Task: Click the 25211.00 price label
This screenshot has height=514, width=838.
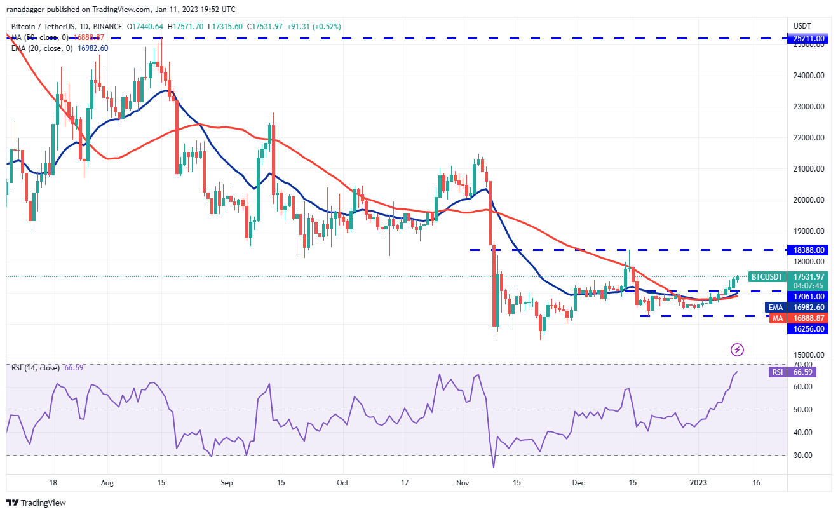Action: pyautogui.click(x=809, y=39)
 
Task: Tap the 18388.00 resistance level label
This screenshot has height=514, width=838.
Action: pyautogui.click(x=809, y=250)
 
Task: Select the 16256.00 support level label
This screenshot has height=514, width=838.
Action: pyautogui.click(x=809, y=328)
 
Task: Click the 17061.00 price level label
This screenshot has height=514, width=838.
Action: pyautogui.click(x=809, y=297)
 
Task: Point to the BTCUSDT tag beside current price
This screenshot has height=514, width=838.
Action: pyautogui.click(x=767, y=276)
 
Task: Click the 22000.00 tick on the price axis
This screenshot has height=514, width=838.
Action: pyautogui.click(x=809, y=138)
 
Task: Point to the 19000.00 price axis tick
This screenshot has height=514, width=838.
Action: pyautogui.click(x=809, y=231)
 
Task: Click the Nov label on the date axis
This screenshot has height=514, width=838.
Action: pyautogui.click(x=463, y=482)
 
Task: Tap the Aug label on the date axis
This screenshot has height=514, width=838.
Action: pyautogui.click(x=107, y=482)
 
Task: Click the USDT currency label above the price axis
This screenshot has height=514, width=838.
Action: pyautogui.click(x=802, y=26)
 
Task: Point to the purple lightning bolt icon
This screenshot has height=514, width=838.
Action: pyautogui.click(x=737, y=349)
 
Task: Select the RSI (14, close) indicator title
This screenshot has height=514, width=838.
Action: pyautogui.click(x=36, y=368)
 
